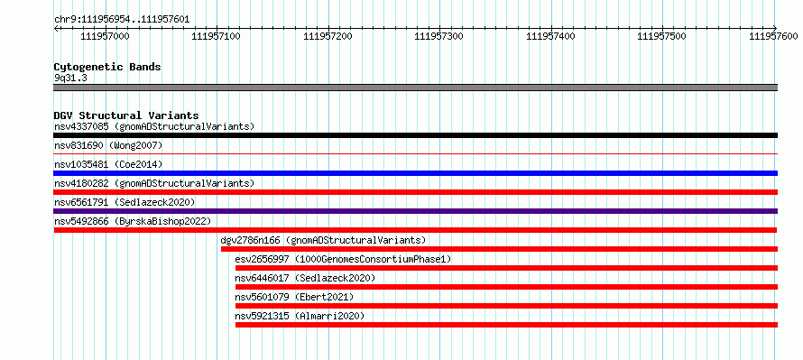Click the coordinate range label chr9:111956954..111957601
(x=122, y=20)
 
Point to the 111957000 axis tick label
(x=105, y=36)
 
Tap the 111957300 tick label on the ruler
(x=438, y=36)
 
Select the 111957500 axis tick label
(x=661, y=36)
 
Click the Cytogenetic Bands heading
(x=107, y=67)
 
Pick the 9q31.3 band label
(x=68, y=78)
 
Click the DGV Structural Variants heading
(x=126, y=115)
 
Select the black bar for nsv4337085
(x=415, y=135)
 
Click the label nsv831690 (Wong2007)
(x=108, y=145)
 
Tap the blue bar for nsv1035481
(x=415, y=173)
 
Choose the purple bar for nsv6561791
(x=415, y=211)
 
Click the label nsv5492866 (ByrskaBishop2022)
(x=133, y=221)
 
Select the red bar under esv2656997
(x=506, y=268)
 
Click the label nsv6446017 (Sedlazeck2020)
(x=305, y=278)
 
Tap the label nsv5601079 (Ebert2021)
(x=294, y=297)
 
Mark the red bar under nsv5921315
(x=506, y=325)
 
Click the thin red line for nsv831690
(x=415, y=153)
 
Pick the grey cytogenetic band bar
(x=415, y=88)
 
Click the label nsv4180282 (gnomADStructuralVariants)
(x=154, y=183)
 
